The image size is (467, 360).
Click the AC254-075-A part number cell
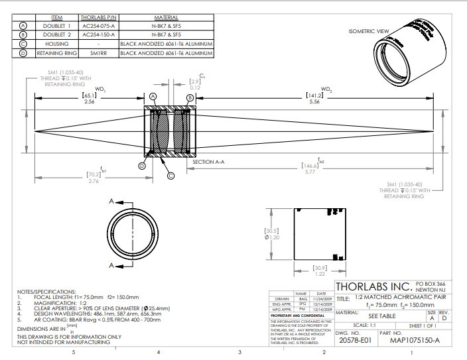pyautogui.click(x=98, y=25)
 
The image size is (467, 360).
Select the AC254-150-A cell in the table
pyautogui.click(x=98, y=34)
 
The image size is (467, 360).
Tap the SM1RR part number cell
pyautogui.click(x=98, y=52)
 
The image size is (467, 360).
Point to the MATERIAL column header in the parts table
pyautogui.click(x=165, y=17)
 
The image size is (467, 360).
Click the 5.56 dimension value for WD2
pyautogui.click(x=314, y=102)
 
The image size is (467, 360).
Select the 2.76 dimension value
pyautogui.click(x=93, y=181)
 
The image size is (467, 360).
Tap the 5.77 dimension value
pyautogui.click(x=310, y=172)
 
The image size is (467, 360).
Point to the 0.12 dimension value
pyautogui.click(x=195, y=88)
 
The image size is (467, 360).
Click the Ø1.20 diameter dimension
pyautogui.click(x=273, y=237)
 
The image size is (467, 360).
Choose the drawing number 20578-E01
pyautogui.click(x=355, y=341)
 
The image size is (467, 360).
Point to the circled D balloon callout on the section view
pyautogui.click(x=141, y=166)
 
